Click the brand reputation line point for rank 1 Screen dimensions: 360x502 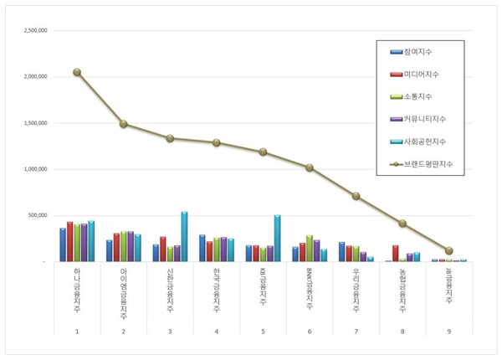click(77, 72)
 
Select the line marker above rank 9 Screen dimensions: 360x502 click(448, 250)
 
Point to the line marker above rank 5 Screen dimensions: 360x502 click(263, 152)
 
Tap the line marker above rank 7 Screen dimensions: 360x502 click(356, 196)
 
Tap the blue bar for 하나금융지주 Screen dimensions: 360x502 click(63, 244)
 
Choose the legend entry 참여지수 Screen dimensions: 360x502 click(423, 52)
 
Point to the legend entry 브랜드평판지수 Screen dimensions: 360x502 click(432, 163)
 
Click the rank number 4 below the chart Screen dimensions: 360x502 click(216, 332)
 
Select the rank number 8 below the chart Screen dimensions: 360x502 click(402, 332)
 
